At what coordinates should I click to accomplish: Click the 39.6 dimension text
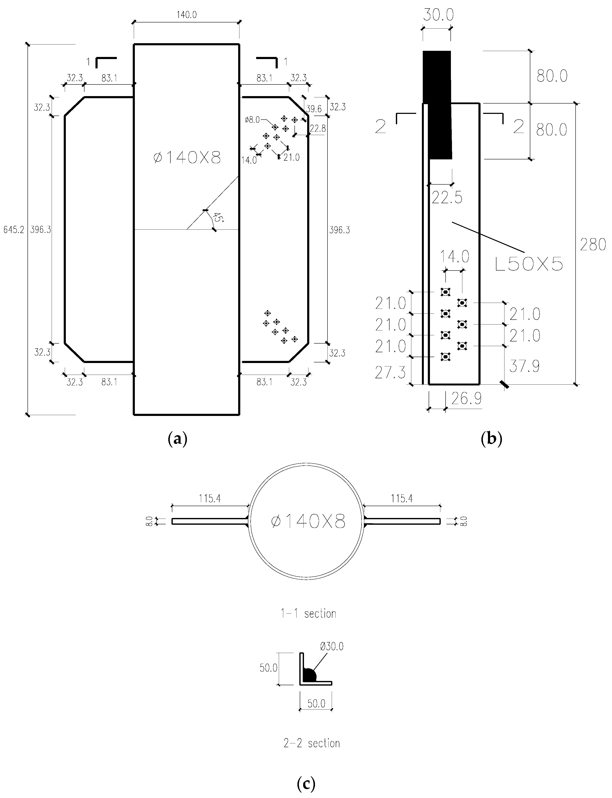(x=314, y=109)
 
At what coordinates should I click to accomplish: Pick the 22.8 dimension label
(x=318, y=128)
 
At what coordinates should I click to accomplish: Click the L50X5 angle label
(x=529, y=264)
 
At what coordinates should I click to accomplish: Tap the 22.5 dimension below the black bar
(x=447, y=198)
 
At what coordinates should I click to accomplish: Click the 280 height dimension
(x=593, y=245)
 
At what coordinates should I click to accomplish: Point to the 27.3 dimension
(x=390, y=373)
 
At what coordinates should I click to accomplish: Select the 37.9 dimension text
(x=524, y=366)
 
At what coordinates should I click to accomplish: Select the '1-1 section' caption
(x=308, y=614)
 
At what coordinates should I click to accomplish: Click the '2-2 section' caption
(x=311, y=743)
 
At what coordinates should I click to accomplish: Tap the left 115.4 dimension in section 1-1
(x=210, y=498)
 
